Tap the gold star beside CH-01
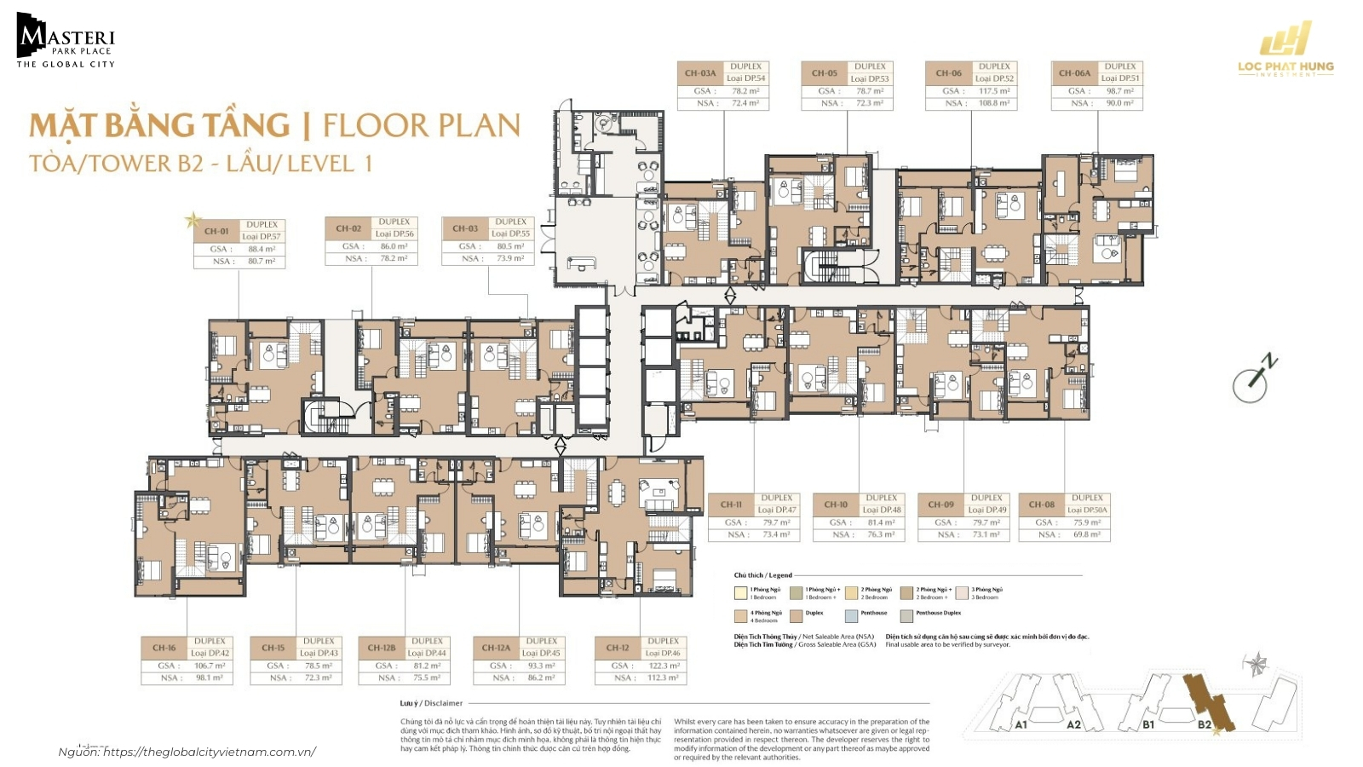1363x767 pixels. click(193, 222)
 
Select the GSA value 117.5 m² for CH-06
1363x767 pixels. click(994, 91)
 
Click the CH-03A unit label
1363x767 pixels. click(700, 73)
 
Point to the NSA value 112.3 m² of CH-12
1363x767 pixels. click(663, 678)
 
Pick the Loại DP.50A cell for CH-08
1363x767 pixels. click(1087, 510)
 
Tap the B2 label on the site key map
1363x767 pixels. click(1204, 725)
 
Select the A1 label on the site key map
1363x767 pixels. click(1021, 725)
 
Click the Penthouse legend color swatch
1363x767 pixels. click(851, 615)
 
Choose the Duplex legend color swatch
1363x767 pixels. click(796, 615)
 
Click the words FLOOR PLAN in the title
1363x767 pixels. click(421, 126)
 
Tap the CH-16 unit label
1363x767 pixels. click(164, 648)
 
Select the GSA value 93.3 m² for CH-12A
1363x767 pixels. click(541, 666)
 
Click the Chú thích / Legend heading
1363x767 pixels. click(762, 575)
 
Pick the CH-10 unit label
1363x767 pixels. click(836, 505)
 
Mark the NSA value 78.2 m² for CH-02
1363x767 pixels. click(394, 258)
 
